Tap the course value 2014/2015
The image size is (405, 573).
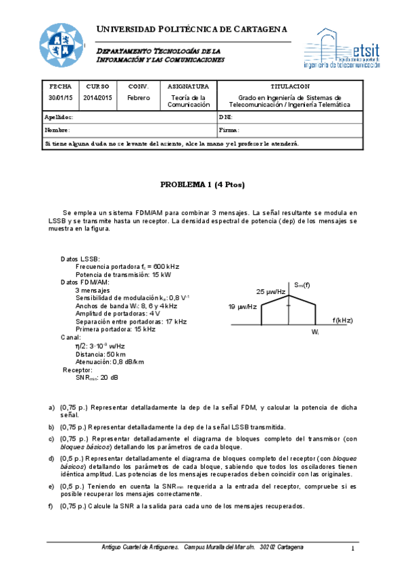[98, 97]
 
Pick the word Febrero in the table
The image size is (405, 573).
[139, 97]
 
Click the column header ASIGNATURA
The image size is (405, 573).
[188, 86]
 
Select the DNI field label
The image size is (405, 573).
[226, 117]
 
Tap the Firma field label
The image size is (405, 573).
[229, 130]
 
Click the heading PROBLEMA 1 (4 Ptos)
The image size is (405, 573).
[202, 184]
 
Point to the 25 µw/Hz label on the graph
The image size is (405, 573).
[270, 292]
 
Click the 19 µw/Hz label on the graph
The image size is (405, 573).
[242, 306]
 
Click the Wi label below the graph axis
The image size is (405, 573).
[315, 332]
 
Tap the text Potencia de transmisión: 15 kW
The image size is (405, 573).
[118, 274]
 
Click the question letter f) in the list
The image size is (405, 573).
[51, 506]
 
